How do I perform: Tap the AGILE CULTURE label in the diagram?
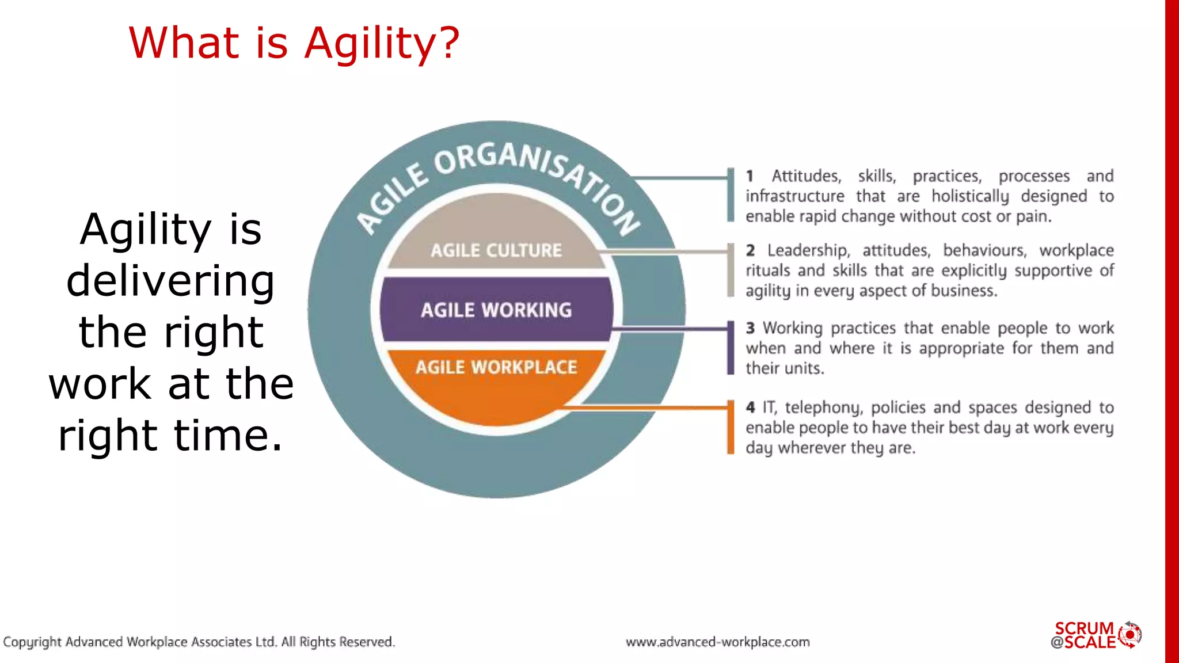496,250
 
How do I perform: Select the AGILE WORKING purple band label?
496,310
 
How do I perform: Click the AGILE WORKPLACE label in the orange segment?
496,367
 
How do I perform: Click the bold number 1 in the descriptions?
750,176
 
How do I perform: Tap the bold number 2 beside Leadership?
750,250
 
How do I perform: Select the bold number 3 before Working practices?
750,328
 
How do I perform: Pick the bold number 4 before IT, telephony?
750,407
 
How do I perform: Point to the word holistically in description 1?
970,196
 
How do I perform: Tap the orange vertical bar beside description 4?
731,427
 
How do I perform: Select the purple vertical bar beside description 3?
731,348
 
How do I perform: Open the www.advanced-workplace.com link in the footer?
717,642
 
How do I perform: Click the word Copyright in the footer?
32,642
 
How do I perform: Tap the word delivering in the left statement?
170,281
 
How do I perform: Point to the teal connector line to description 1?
679,177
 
